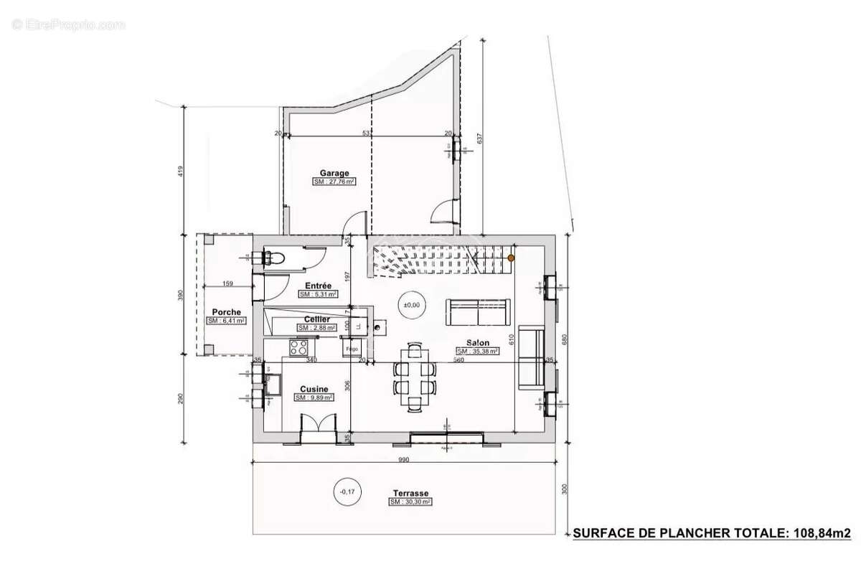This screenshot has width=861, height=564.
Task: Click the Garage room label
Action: coord(334,173)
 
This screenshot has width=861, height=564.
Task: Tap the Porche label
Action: coord(226,312)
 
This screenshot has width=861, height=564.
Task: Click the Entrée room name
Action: coord(317,286)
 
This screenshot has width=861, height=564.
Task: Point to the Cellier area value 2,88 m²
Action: coord(317,328)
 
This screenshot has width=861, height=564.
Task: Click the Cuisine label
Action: coord(314,388)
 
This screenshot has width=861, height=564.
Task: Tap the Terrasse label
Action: coord(410,494)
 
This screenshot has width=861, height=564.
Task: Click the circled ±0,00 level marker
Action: coord(411,305)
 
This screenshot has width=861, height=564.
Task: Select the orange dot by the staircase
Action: coord(511,257)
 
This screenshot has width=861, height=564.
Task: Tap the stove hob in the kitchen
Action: coord(298,349)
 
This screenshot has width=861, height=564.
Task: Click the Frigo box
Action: coord(352,349)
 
